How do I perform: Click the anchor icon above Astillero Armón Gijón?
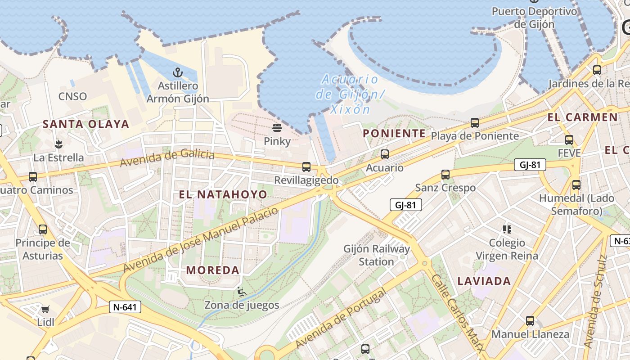click(x=178, y=72)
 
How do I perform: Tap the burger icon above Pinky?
click(x=277, y=128)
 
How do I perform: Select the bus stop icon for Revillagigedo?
click(x=306, y=167)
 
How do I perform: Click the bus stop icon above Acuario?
click(x=385, y=154)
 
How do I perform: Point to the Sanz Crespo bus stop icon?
click(x=445, y=175)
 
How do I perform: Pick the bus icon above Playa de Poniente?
click(x=474, y=122)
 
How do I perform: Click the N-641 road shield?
click(x=125, y=307)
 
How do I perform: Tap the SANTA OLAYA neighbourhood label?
click(x=86, y=124)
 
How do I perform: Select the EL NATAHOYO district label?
click(x=223, y=194)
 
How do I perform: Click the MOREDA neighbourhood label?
click(x=212, y=270)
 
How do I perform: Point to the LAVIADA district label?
click(x=484, y=281)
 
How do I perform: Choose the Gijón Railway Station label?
click(x=377, y=255)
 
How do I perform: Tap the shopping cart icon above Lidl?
click(x=45, y=309)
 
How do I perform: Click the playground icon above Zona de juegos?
click(x=242, y=292)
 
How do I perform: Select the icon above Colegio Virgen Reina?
click(x=507, y=229)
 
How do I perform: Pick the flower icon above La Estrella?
click(x=58, y=144)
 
